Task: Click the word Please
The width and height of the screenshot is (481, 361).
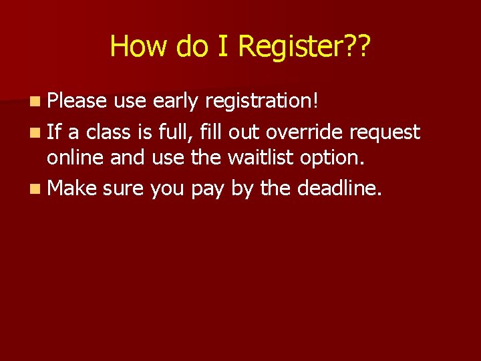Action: pos(77,101)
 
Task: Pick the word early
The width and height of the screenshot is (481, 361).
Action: pos(176,101)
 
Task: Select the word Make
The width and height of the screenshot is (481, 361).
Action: pos(73,189)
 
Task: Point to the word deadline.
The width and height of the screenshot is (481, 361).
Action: pos(339,189)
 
